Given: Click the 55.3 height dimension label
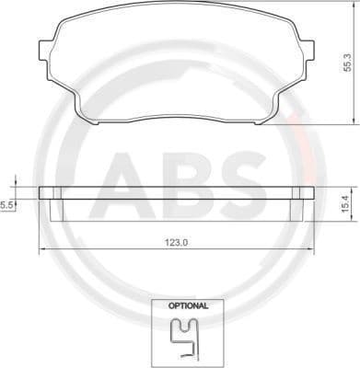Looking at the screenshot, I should pyautogui.click(x=347, y=62).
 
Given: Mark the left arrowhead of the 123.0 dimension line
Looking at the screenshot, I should pyautogui.click(x=41, y=250).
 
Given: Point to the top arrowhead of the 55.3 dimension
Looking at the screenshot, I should pyautogui.click(x=354, y=8).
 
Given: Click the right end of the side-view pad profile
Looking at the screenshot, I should pyautogui.click(x=308, y=193).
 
